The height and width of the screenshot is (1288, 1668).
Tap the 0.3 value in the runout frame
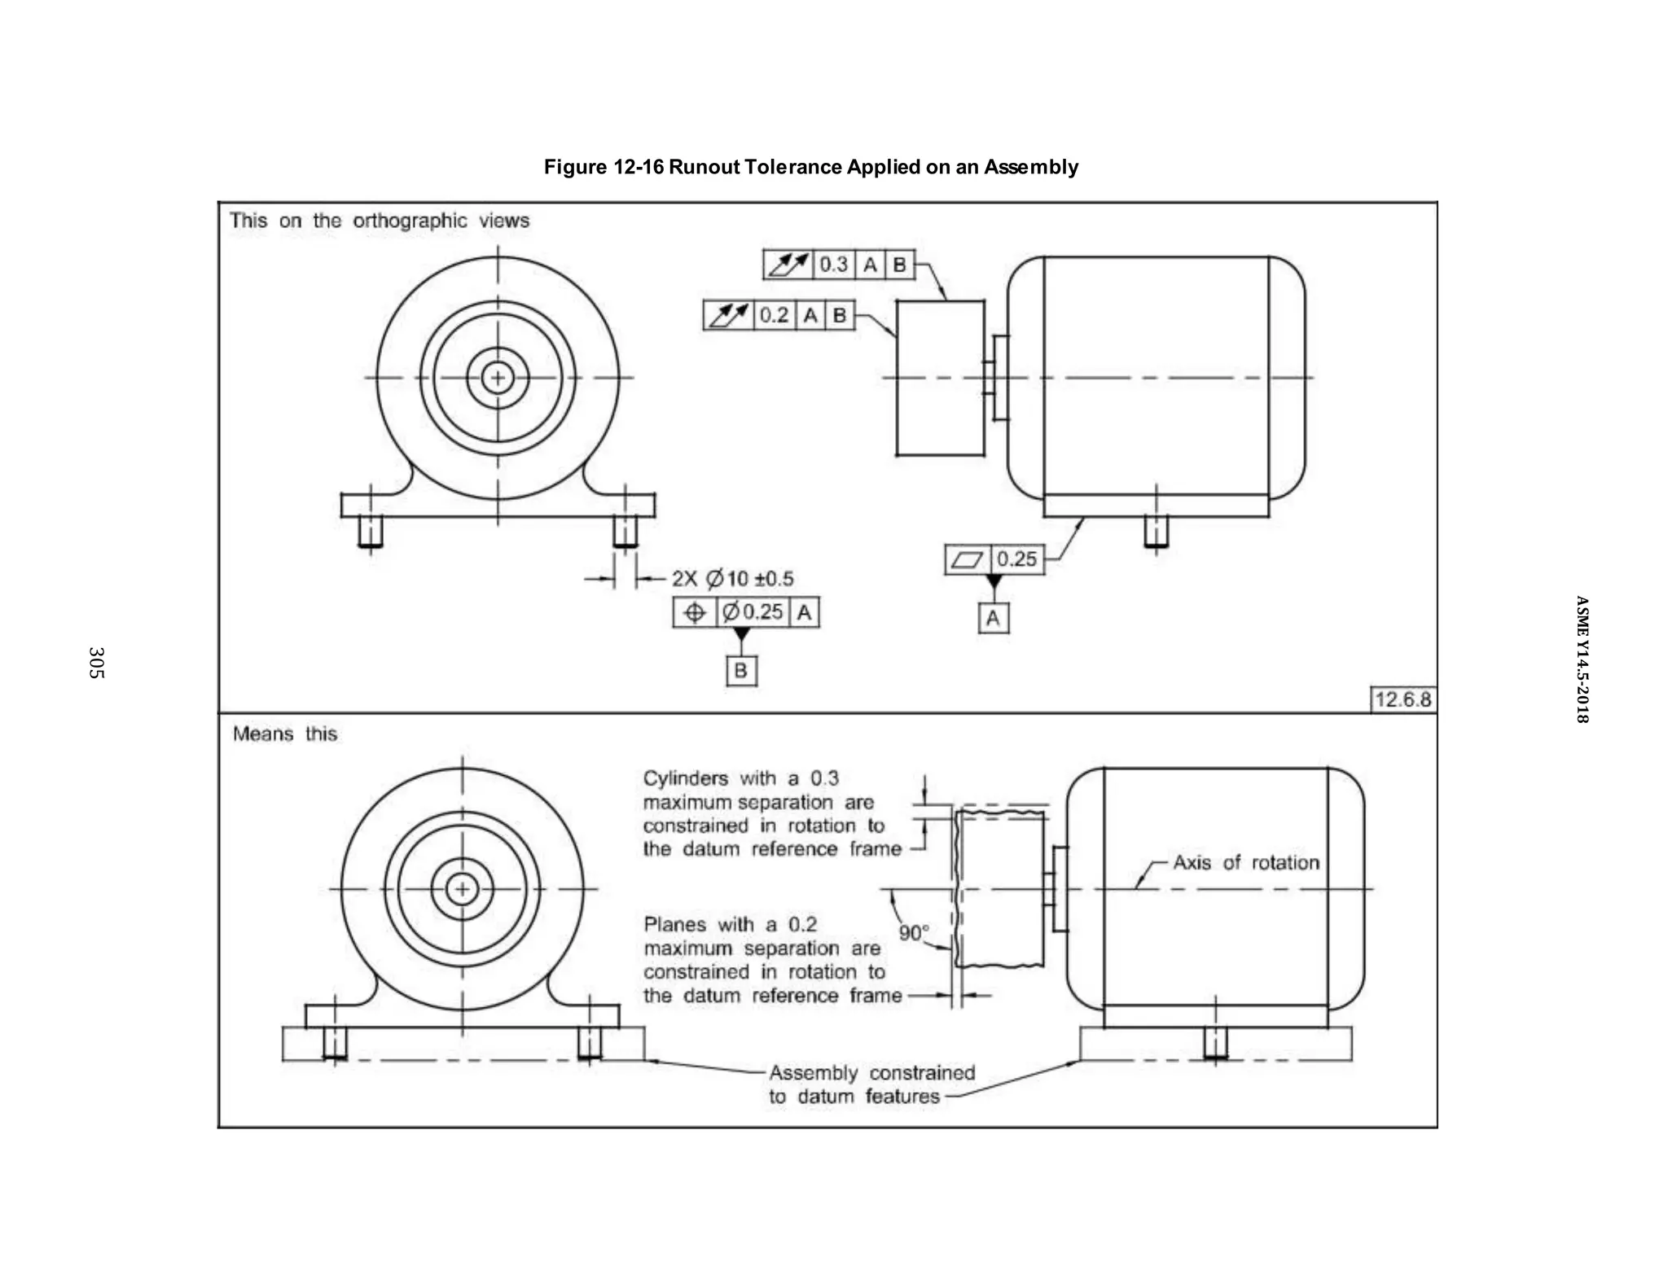833,265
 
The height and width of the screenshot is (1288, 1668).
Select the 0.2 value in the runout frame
774,315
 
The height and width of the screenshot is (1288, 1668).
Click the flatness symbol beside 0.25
968,559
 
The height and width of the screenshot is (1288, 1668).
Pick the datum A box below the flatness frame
993,618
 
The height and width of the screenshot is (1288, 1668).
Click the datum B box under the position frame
741,671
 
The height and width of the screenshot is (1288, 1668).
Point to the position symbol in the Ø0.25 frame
695,612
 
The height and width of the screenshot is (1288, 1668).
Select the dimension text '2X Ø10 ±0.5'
732,579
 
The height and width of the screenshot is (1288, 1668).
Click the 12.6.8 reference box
1402,699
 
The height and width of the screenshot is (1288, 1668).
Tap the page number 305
96,663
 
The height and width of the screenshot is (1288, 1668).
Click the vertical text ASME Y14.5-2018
1581,659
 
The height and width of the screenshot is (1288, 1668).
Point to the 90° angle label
914,932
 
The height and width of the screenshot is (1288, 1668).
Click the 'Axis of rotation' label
1245,862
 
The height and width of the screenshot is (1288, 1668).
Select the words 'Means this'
284,734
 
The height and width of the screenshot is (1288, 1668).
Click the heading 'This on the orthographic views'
379,221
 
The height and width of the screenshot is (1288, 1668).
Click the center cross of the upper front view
498,378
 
